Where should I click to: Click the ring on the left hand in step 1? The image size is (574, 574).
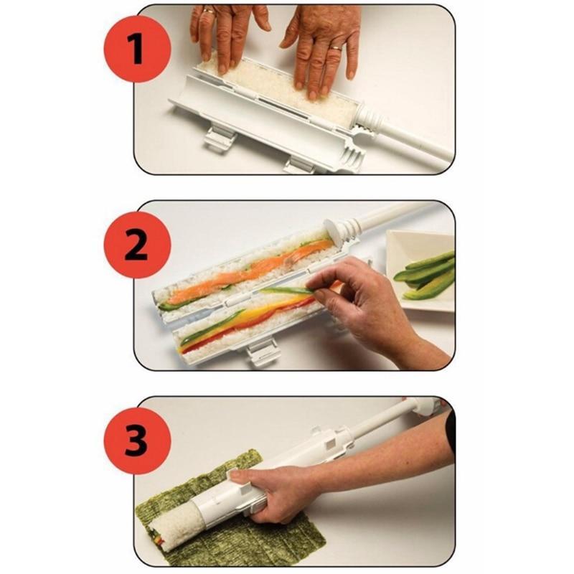coord(208,11)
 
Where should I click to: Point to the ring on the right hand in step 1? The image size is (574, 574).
coord(336,48)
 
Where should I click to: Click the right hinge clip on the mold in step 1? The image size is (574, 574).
coord(301,165)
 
